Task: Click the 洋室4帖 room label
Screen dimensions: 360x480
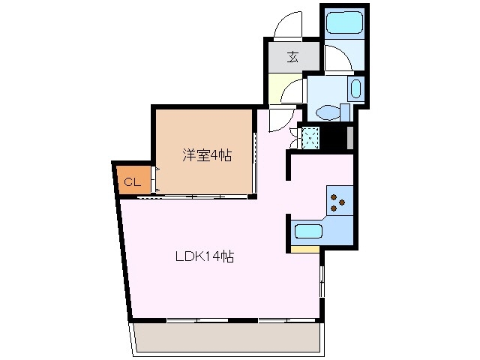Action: click(x=206, y=156)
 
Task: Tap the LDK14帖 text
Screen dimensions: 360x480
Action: click(x=205, y=256)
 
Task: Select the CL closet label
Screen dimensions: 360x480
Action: click(x=132, y=181)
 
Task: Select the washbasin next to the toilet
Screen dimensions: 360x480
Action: click(x=355, y=91)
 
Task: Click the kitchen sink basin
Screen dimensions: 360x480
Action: click(x=308, y=231)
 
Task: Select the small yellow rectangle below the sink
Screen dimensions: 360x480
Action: click(x=304, y=248)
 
